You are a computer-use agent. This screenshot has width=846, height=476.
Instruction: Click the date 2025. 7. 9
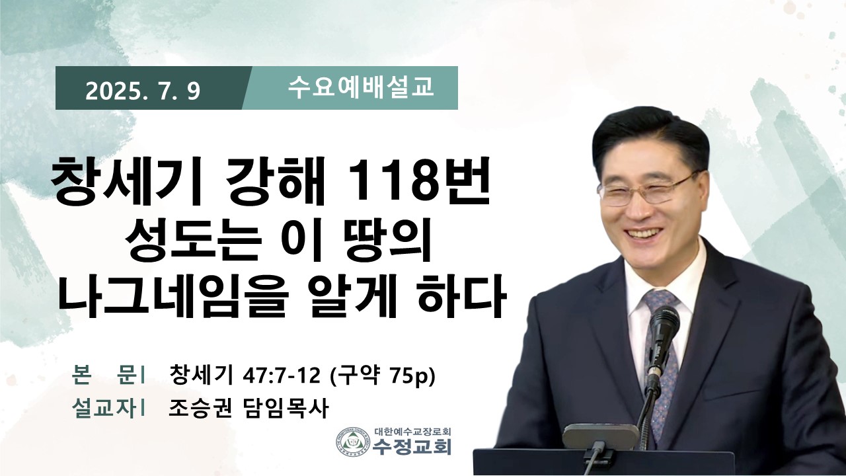tap(142, 91)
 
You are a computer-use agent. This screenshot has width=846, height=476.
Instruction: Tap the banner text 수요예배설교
tap(360, 88)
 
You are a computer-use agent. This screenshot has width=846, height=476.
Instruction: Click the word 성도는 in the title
tap(192, 241)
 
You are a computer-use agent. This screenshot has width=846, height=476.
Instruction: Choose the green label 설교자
tap(104, 409)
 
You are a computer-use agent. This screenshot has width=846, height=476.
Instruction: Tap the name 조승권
tap(200, 408)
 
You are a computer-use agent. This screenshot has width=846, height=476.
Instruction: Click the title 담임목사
tap(284, 408)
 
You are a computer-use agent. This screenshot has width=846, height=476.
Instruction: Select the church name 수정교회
tap(412, 448)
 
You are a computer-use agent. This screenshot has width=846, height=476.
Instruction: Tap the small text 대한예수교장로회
tap(413, 431)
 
